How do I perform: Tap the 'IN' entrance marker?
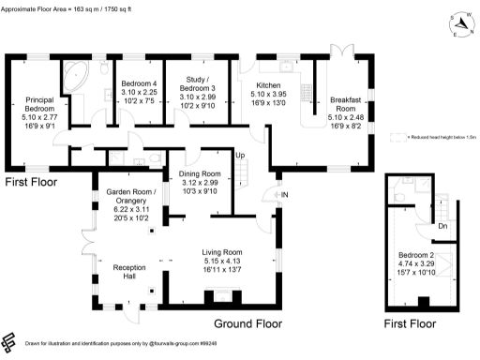283,194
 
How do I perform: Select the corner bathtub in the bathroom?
72,75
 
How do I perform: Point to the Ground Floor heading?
247,323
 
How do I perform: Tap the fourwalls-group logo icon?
10,341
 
